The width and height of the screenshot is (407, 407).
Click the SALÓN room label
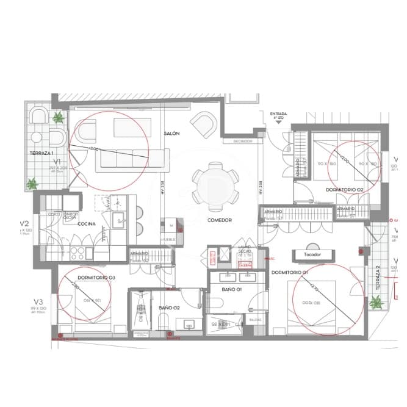click(x=171, y=133)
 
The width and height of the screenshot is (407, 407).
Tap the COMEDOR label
click(x=219, y=220)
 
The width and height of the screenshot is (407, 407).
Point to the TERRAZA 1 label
click(x=41, y=153)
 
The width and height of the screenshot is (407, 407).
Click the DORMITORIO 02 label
click(x=344, y=190)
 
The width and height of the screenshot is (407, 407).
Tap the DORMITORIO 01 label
click(x=289, y=272)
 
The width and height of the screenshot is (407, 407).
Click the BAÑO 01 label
click(x=232, y=289)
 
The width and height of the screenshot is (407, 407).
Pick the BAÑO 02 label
click(x=168, y=308)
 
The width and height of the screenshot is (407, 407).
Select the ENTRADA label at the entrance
click(x=278, y=113)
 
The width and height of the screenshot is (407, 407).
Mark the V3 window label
click(x=38, y=301)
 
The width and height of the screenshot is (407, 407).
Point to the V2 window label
click(x=25, y=223)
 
